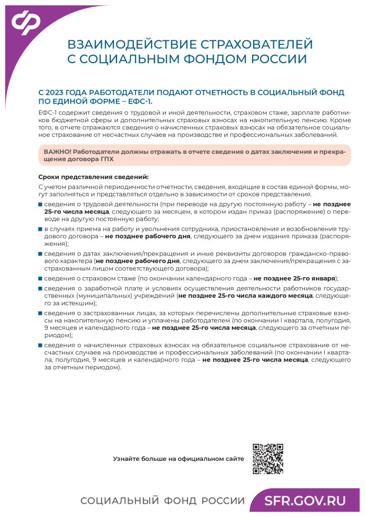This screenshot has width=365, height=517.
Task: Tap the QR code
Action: (268, 459)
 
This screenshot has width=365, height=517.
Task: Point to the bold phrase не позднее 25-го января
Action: (294, 278)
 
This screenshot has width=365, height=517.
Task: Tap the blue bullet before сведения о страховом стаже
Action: (40, 279)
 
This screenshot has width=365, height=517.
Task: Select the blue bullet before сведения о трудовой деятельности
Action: (40, 204)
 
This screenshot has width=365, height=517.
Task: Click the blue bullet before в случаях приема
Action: (40, 229)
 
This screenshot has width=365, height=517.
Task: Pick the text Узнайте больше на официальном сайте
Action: (178, 459)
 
